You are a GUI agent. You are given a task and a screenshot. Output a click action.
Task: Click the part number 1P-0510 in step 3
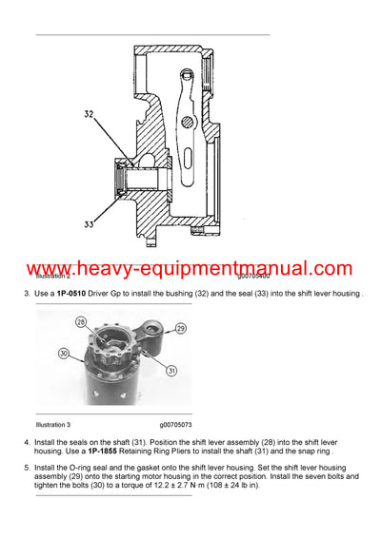click(x=73, y=293)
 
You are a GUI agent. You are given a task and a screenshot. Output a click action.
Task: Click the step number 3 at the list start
click(x=27, y=293)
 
